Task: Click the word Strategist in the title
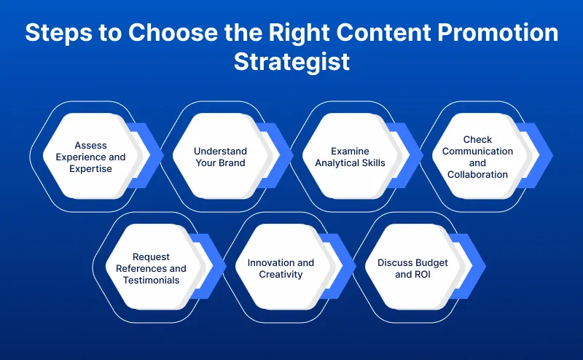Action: (291, 61)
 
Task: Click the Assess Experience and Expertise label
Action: (90, 157)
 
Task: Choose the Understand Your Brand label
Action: (220, 157)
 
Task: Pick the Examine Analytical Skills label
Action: (349, 157)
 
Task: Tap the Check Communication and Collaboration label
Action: (478, 157)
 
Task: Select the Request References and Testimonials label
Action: (151, 268)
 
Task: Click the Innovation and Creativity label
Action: (281, 268)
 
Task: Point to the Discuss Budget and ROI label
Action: (412, 268)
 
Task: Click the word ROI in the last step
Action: (423, 275)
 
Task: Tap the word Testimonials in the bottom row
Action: (151, 280)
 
